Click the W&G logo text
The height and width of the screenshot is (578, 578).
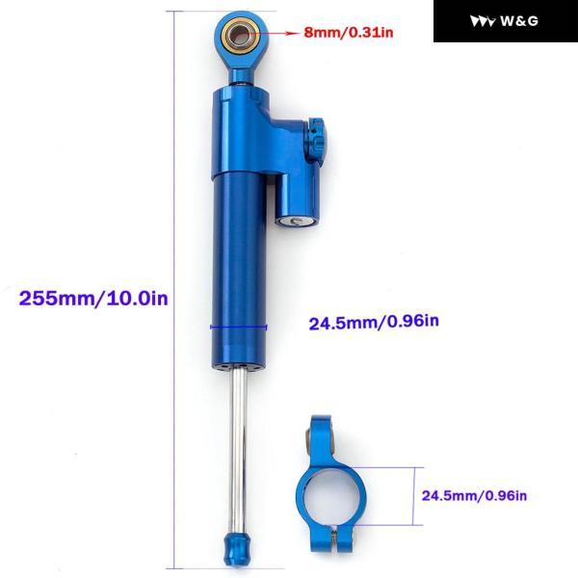(x=519, y=20)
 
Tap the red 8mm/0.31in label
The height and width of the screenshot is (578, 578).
(x=349, y=33)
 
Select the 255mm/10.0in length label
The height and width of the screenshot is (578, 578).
(x=93, y=298)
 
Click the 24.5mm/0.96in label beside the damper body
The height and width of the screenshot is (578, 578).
(x=374, y=322)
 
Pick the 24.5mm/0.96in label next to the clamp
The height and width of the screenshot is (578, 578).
(x=474, y=495)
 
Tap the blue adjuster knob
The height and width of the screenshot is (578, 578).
(x=317, y=140)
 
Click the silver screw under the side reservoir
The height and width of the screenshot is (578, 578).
(x=296, y=221)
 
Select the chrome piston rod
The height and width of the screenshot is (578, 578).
(x=238, y=450)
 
